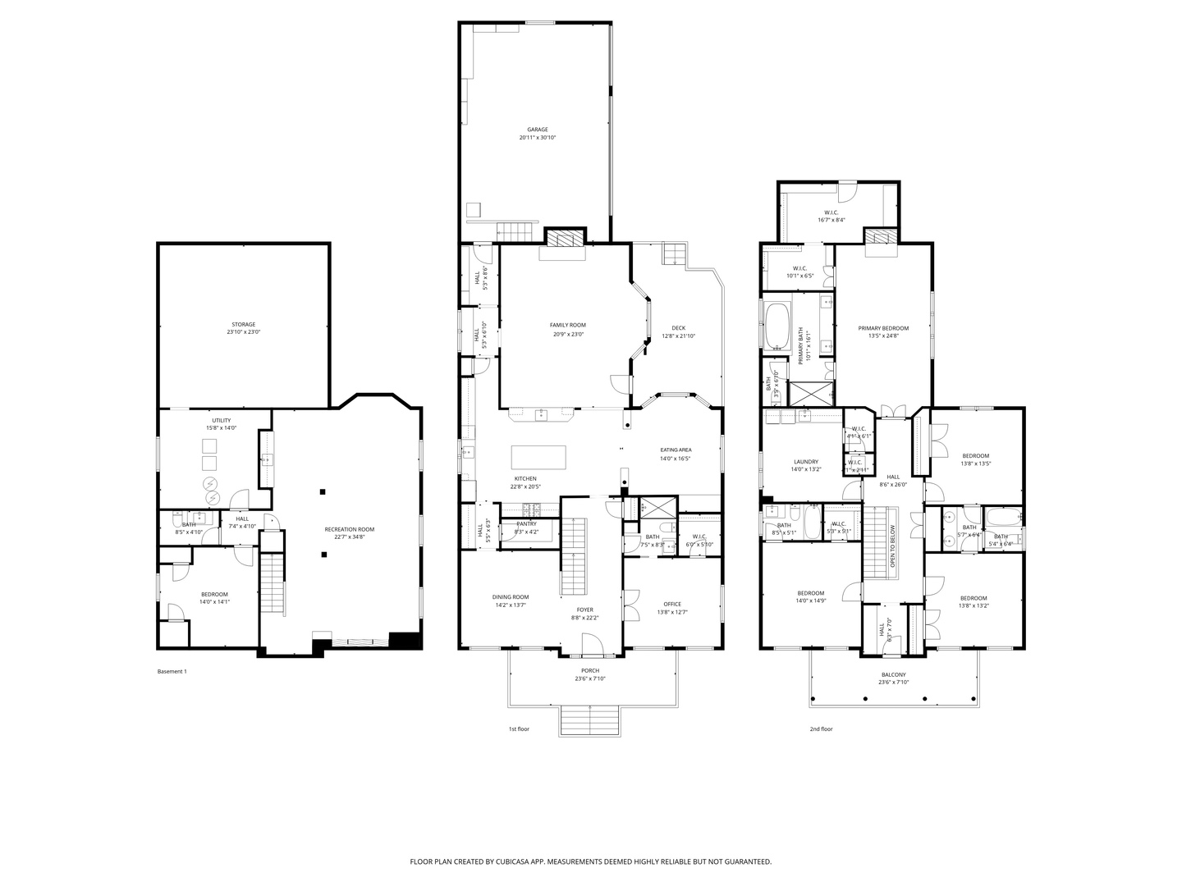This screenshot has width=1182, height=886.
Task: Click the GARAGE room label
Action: [x=537, y=130]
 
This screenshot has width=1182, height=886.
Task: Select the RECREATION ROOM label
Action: [x=349, y=530]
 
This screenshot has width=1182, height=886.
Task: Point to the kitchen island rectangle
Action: [x=538, y=456]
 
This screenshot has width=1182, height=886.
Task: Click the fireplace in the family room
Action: [x=565, y=238]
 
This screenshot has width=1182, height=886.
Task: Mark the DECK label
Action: [x=678, y=328]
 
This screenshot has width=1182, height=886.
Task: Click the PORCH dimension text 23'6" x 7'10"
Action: [x=590, y=679]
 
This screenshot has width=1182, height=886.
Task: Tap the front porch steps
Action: [x=590, y=720]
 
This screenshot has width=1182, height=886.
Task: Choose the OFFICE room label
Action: [x=672, y=605]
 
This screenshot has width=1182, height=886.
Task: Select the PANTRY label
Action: [x=526, y=524]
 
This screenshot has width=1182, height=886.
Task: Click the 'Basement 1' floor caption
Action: [x=172, y=672]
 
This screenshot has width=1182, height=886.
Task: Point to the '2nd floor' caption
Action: [x=821, y=728]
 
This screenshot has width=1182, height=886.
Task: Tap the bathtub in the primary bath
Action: [x=777, y=327]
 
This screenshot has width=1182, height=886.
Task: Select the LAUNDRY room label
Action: [x=806, y=462]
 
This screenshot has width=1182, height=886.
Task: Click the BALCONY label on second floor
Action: [x=893, y=675]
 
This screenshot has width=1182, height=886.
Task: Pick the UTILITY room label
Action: [x=221, y=421]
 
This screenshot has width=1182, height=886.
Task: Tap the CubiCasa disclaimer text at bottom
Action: [x=590, y=862]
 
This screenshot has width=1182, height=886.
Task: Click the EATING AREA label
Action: [x=676, y=450]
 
